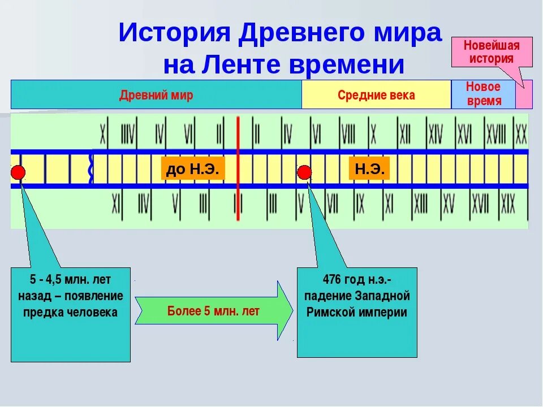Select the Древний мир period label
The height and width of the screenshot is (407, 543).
point(156,95)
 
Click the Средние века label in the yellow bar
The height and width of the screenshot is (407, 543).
point(376,95)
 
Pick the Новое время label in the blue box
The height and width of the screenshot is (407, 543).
point(483,94)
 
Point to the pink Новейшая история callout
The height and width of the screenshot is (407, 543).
point(491,52)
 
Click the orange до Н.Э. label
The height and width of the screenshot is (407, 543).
point(192,168)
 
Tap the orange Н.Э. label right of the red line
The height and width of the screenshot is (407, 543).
point(369,168)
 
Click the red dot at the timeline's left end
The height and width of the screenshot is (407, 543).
point(18,172)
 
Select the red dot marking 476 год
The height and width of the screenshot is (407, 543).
point(305,172)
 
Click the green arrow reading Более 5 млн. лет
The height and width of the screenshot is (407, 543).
point(214,311)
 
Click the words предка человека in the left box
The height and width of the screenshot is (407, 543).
point(71,312)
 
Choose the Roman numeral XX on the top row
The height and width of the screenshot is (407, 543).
point(521,135)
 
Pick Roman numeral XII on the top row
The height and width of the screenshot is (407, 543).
point(404,135)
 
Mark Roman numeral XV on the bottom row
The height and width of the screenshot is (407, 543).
point(449,204)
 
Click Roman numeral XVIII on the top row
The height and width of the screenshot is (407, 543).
point(495,135)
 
